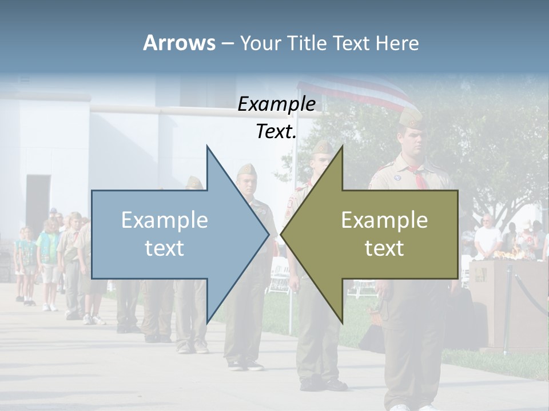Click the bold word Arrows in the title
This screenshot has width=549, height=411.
tap(179, 43)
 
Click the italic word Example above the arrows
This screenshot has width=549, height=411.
tap(276, 104)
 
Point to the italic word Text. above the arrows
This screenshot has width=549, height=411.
tap(276, 131)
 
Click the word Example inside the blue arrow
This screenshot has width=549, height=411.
tap(164, 220)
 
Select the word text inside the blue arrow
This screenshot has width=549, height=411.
tap(164, 248)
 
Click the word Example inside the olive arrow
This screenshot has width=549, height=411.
tap(384, 220)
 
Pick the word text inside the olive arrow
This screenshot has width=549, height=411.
tap(384, 248)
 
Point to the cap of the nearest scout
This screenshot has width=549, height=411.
tap(411, 118)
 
